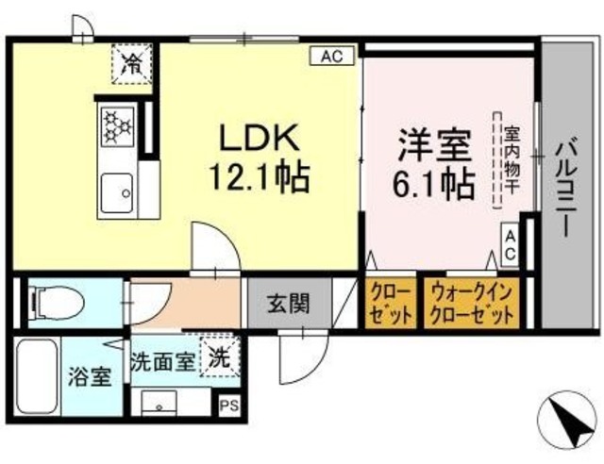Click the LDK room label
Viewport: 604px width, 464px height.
click(259, 139)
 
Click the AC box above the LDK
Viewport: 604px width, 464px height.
click(331, 57)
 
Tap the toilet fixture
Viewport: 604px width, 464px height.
click(57, 302)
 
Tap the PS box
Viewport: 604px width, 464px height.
click(228, 406)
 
